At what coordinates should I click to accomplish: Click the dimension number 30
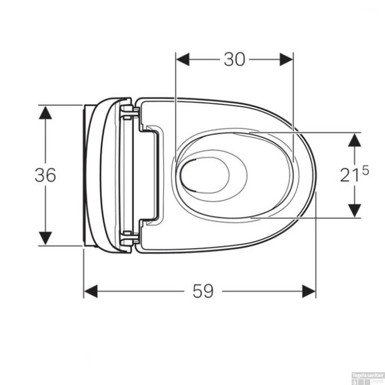234,60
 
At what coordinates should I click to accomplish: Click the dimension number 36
45,175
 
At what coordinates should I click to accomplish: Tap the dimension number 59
203,291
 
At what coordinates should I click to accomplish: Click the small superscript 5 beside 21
365,170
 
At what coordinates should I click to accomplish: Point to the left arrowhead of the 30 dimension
183,60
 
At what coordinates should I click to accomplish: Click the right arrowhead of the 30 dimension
286,60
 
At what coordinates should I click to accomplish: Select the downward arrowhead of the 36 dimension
45,238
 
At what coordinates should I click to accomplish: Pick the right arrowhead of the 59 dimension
309,291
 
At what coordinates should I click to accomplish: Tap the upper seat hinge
129,112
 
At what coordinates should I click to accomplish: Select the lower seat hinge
129,237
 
